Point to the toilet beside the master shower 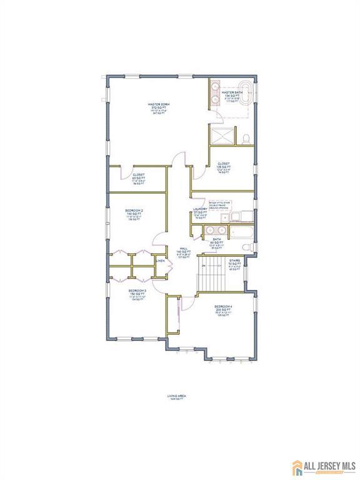(247, 137)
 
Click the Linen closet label (160, 261)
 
